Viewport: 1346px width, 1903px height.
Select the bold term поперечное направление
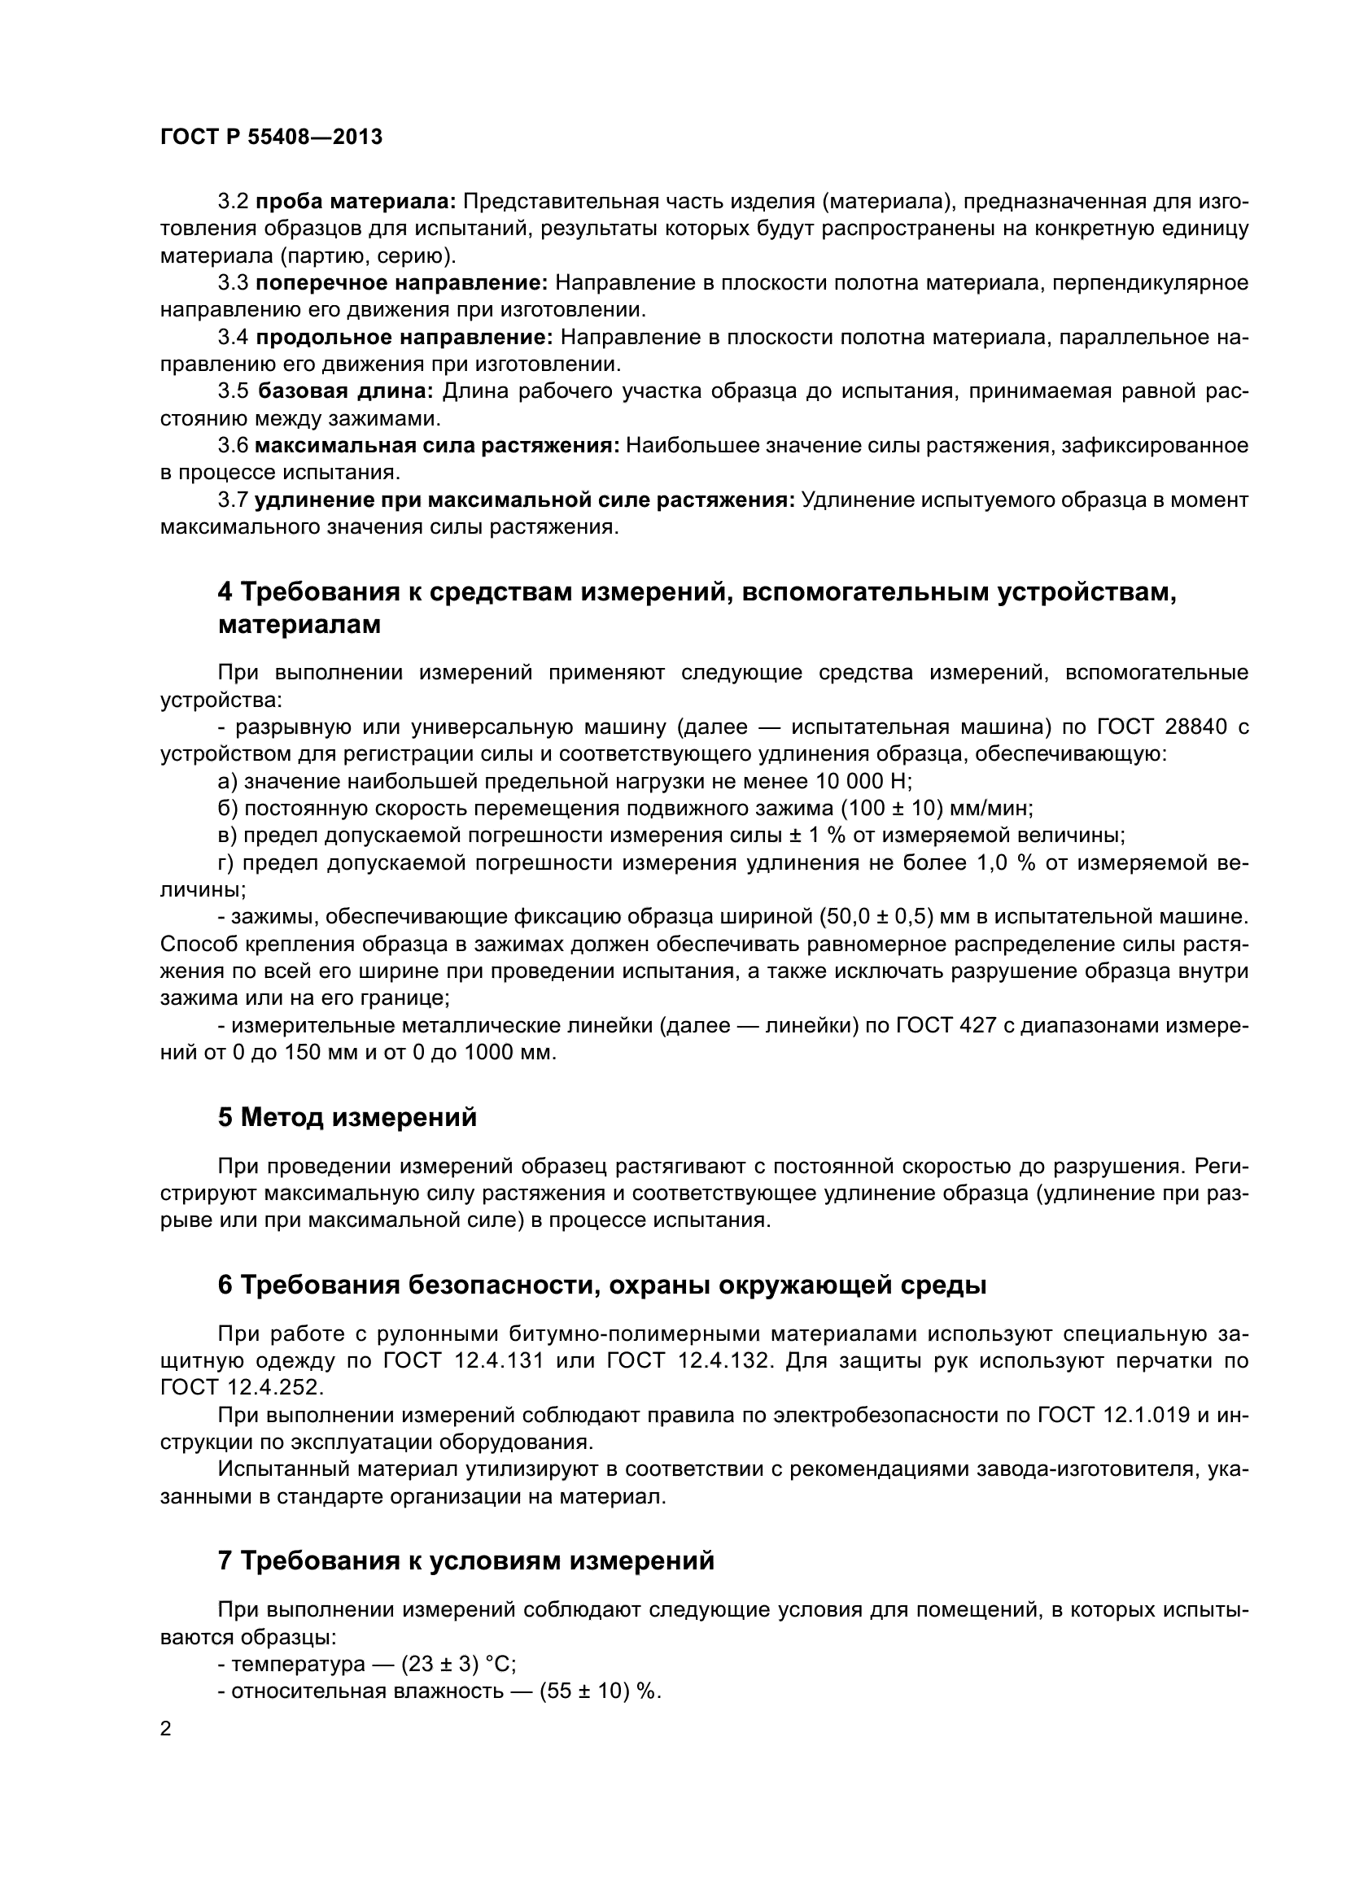401,283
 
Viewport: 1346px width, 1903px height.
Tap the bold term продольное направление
404,338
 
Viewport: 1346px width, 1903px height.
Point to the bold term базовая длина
346,391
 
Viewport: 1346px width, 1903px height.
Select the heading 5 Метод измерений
347,1117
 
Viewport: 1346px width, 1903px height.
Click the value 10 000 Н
861,781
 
